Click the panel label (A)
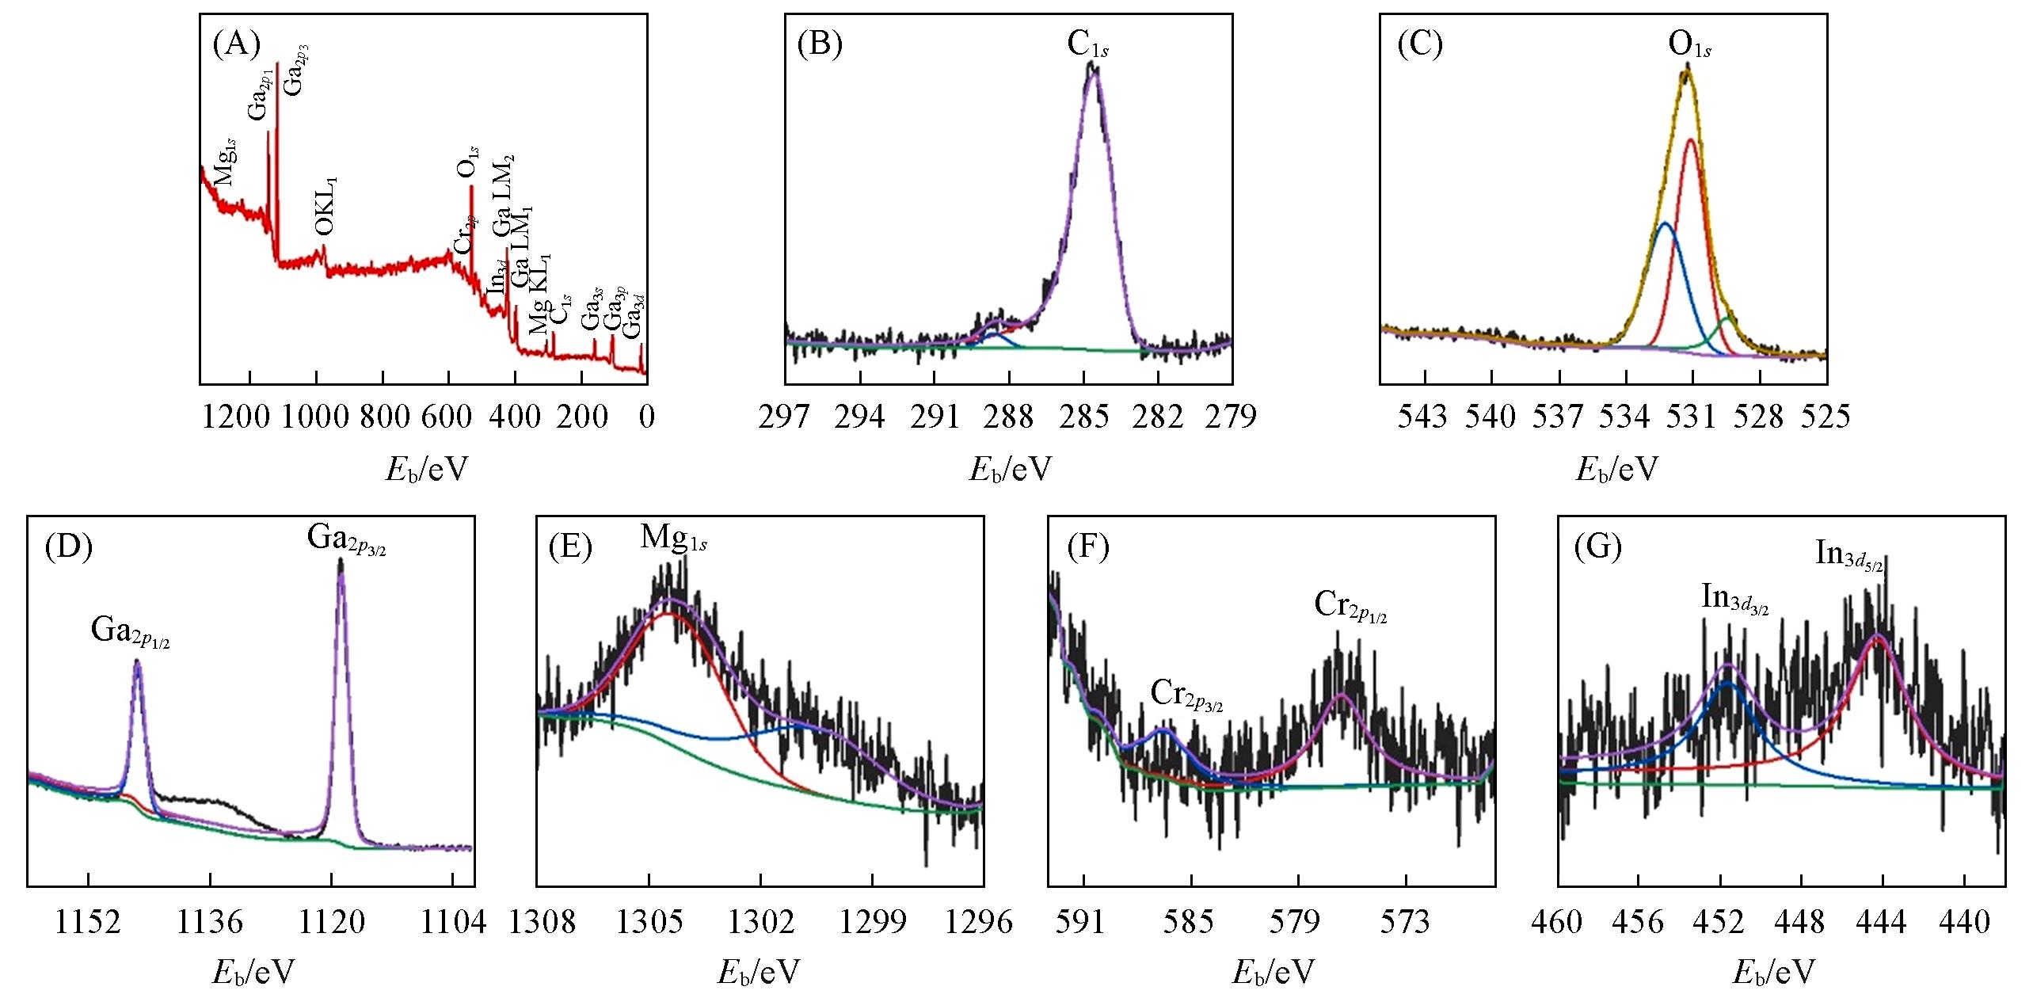237,45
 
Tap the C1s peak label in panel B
1087,46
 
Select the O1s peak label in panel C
1689,46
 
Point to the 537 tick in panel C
1557,416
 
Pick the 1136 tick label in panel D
209,922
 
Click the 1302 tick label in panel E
760,922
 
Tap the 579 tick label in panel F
1297,922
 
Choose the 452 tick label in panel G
1719,922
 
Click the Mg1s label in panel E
673,539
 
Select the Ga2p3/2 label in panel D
346,539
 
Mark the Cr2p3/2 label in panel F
1186,695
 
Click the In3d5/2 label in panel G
1848,555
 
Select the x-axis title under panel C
1616,470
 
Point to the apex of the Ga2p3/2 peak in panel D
341,561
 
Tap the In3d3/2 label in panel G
1734,599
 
